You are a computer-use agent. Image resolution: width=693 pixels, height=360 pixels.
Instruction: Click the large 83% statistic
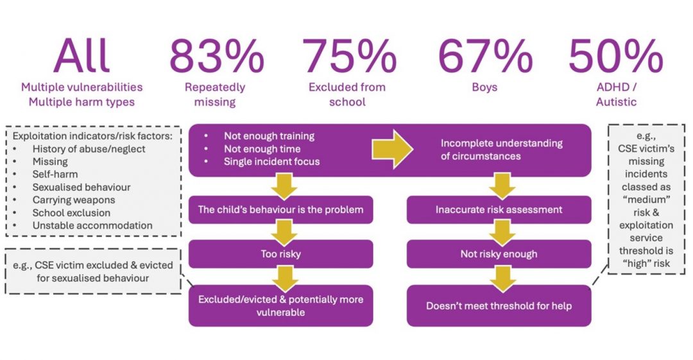[x=216, y=56]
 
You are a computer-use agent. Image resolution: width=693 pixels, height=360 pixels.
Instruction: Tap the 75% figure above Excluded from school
[x=350, y=56]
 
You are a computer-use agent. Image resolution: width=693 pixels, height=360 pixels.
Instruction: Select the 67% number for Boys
[x=484, y=56]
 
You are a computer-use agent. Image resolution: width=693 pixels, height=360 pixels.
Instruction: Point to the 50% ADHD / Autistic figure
[x=615, y=56]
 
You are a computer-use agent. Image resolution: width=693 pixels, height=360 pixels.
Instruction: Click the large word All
[x=81, y=56]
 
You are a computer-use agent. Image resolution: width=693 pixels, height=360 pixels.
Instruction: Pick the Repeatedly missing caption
[x=215, y=94]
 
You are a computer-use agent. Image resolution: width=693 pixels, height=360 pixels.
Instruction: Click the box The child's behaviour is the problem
[x=280, y=210]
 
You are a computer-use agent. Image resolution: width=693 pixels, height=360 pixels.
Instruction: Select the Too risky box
[x=280, y=254]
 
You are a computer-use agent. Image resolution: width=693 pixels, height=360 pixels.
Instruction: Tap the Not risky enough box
[x=499, y=254]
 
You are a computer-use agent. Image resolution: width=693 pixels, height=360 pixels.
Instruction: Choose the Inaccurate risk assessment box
[x=499, y=210]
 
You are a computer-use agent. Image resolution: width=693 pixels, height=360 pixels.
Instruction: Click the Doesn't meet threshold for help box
[x=499, y=305]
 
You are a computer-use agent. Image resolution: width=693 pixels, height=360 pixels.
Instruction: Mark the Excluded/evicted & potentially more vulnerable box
[x=280, y=305]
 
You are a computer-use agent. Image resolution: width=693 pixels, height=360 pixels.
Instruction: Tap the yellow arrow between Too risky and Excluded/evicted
[x=280, y=277]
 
